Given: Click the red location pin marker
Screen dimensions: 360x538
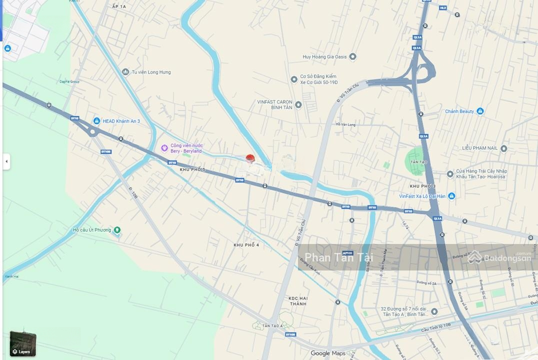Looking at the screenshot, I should coord(250,158).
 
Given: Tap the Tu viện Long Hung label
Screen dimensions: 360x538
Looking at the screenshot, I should coord(151,72).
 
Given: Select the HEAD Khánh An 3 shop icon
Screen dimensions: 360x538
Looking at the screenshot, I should coord(96,121).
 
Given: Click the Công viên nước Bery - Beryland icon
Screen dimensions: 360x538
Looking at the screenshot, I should coord(164,147).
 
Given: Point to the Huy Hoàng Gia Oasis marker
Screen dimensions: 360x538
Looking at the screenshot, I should coord(352,56).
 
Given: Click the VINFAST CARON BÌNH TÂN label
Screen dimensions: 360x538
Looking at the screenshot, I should coord(274,104).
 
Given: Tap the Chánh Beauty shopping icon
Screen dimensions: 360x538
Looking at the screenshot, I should coord(480,111).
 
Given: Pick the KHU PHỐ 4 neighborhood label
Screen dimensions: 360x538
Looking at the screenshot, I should coord(246,245).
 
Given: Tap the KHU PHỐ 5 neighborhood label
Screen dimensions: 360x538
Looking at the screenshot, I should coord(192,170).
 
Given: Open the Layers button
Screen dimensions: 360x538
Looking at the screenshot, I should coord(23,344).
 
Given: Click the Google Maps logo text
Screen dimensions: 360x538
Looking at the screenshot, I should coord(327,353).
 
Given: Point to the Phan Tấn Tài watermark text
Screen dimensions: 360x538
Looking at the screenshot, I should coord(338,257).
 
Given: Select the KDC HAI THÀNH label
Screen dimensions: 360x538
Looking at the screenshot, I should coord(297,301).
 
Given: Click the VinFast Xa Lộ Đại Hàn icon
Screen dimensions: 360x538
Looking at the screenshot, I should coord(451,196).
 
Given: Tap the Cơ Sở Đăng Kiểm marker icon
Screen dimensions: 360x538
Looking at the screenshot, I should coord(294,79).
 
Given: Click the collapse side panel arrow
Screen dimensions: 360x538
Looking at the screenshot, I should coord(6,161).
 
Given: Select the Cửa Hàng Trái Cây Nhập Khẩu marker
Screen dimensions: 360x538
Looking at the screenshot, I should coord(450,174).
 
